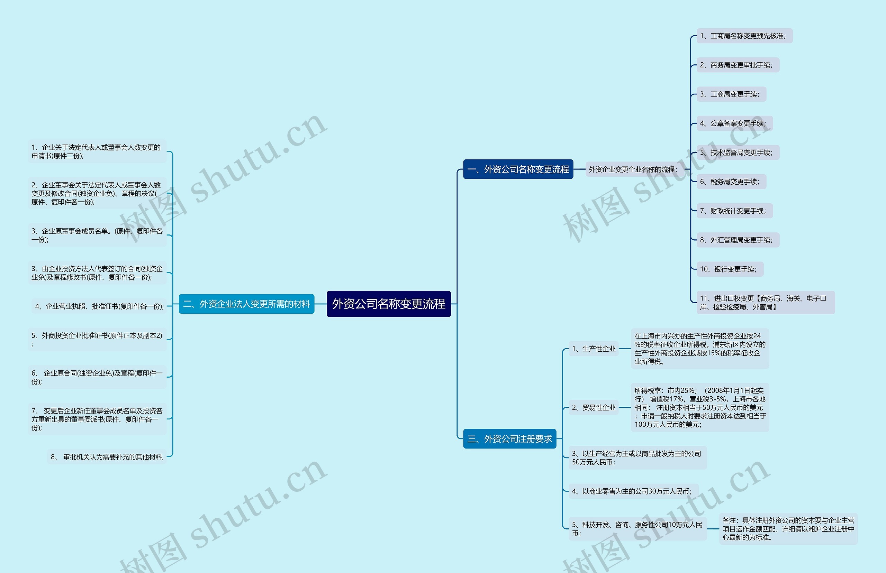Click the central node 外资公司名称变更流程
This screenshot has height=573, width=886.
[x=388, y=304]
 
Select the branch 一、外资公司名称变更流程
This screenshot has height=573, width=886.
[x=518, y=169]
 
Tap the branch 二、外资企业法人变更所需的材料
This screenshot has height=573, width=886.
[x=246, y=304]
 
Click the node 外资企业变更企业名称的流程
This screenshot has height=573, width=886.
[x=633, y=169]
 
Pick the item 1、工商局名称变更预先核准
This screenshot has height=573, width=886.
[x=744, y=36]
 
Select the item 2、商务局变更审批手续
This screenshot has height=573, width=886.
[x=738, y=65]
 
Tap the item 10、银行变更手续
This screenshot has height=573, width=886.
[x=729, y=269]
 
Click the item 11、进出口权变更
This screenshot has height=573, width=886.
[x=765, y=302]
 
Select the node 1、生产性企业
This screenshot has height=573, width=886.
[x=594, y=349]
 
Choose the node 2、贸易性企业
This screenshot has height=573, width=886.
[x=594, y=407]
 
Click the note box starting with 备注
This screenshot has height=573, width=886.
[x=788, y=529]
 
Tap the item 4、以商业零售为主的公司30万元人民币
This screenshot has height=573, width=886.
[x=633, y=491]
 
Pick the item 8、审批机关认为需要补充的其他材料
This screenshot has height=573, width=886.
[x=107, y=456]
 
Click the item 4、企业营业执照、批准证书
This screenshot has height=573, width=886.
[x=99, y=306]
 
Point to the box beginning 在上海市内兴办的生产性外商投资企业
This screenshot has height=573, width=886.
[x=699, y=349]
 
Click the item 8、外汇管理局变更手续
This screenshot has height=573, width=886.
[x=738, y=240]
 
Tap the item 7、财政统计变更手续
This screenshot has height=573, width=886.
[x=734, y=211]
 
